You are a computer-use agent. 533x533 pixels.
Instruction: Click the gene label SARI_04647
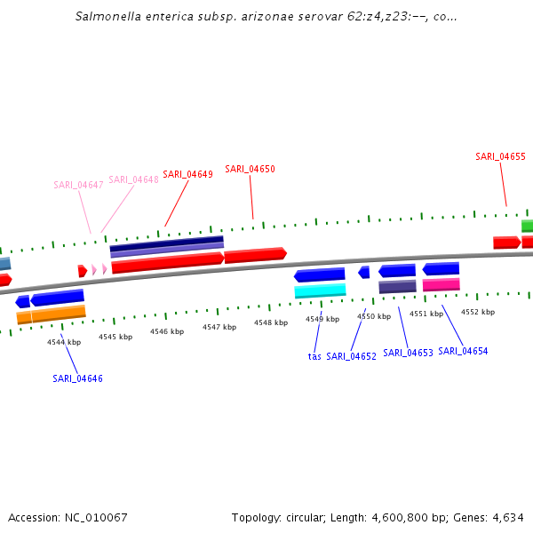click(x=78, y=185)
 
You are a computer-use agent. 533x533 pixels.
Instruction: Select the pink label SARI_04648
click(x=133, y=179)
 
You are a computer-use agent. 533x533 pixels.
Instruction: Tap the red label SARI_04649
click(x=187, y=174)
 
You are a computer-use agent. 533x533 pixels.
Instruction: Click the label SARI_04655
click(x=500, y=156)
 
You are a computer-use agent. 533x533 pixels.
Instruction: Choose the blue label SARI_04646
click(x=77, y=378)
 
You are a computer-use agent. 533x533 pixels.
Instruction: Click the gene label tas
click(x=314, y=356)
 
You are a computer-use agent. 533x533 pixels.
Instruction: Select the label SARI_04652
click(x=351, y=356)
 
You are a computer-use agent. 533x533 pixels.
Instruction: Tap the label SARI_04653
click(x=408, y=353)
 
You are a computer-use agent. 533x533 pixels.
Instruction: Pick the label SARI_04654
click(x=463, y=351)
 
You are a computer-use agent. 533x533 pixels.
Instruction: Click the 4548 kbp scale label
click(x=271, y=322)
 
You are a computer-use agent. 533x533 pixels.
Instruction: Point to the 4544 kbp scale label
click(x=64, y=342)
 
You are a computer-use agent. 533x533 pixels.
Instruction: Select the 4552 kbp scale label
click(x=477, y=312)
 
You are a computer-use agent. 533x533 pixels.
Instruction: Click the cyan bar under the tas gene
click(x=320, y=290)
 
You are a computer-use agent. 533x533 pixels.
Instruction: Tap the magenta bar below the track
click(x=441, y=284)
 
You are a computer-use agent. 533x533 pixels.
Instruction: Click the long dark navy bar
click(x=167, y=242)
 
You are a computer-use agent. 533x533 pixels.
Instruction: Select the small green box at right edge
click(x=527, y=226)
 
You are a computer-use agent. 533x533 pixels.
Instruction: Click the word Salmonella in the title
click(x=106, y=16)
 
